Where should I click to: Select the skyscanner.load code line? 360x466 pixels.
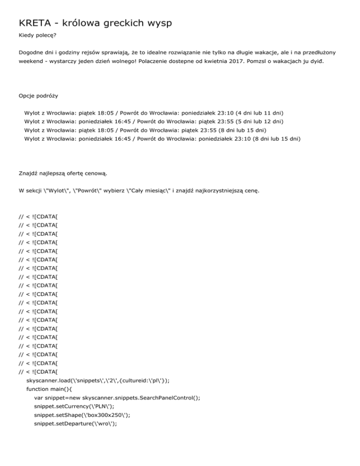pyautogui.click(x=108, y=381)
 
